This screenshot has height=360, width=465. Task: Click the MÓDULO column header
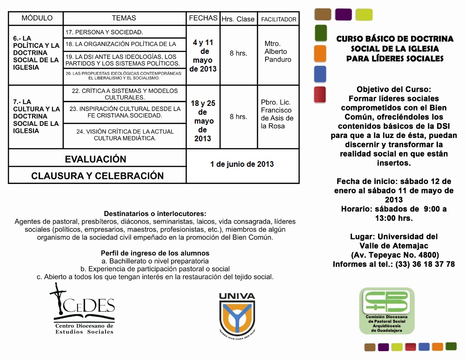point(37,18)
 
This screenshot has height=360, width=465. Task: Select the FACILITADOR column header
point(279,20)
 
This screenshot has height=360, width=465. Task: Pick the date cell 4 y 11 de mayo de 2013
point(203,56)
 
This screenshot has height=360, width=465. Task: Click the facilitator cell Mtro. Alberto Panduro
point(278,52)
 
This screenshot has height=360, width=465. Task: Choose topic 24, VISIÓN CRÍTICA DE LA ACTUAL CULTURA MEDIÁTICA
point(125,135)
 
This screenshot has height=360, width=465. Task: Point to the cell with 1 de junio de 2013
point(242,164)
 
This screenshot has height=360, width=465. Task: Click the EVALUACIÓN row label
point(95,159)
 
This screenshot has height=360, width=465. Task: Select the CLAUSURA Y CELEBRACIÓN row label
point(97,176)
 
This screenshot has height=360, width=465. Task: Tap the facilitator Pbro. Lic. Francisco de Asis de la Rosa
point(278,114)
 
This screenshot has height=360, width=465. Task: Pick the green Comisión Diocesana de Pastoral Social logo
point(386,310)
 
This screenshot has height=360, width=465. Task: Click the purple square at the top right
point(343,14)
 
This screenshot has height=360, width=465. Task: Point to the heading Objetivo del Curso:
point(394,89)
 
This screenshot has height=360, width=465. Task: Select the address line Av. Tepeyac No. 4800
point(394,255)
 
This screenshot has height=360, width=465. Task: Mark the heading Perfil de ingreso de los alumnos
point(155,253)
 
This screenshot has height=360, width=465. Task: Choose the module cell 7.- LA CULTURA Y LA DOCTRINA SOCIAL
point(36,116)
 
